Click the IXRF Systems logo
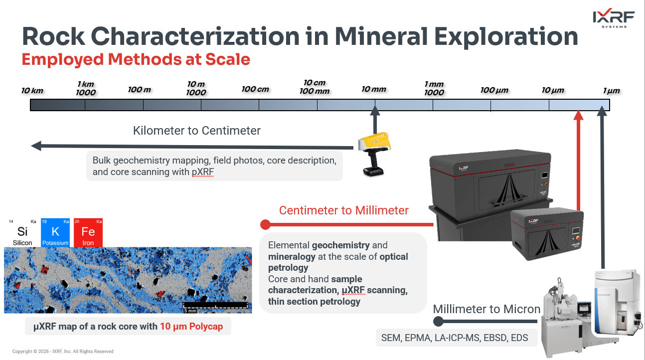point(614,18)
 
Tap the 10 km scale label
point(32,91)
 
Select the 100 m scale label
point(140,90)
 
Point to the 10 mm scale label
point(374,89)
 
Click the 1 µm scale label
point(611,91)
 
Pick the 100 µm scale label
point(494,90)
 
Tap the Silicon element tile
point(22,233)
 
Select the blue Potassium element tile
point(55,233)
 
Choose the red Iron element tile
point(88,233)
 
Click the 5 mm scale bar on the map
point(215,305)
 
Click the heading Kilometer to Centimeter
point(197,131)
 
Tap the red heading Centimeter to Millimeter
point(344,210)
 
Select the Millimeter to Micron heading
point(486,309)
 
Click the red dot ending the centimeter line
point(265,225)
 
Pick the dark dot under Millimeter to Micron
point(438,321)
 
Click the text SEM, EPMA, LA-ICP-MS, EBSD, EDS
point(455,338)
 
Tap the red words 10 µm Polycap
point(191,326)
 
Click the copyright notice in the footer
point(63,352)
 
